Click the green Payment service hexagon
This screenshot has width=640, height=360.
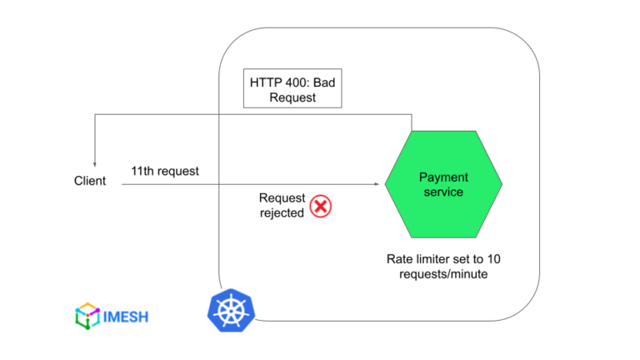[442, 184]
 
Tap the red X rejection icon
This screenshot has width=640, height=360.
[321, 206]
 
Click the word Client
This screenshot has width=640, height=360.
[90, 181]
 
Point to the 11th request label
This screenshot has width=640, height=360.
[165, 171]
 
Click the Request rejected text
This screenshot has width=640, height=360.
[282, 205]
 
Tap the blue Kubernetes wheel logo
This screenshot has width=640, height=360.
[229, 310]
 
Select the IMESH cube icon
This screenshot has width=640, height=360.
[86, 316]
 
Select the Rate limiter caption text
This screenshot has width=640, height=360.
[443, 265]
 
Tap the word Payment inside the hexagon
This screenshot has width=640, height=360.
[443, 177]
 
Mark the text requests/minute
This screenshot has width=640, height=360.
[443, 272]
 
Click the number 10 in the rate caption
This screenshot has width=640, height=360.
[493, 258]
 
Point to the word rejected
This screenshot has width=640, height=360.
[282, 212]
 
